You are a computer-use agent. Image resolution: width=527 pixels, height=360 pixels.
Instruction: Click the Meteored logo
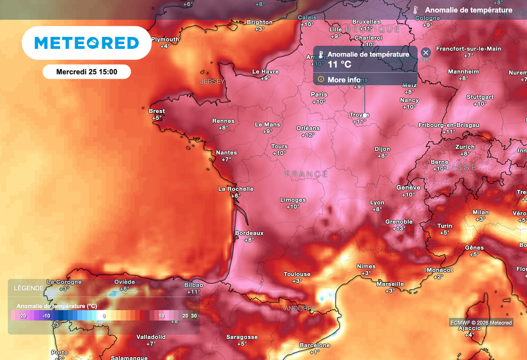[86, 43]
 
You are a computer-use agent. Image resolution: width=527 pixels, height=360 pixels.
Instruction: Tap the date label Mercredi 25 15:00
[86, 71]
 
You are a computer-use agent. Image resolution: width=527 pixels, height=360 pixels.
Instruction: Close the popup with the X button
[426, 52]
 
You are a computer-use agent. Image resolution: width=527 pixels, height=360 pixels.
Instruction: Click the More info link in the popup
[344, 80]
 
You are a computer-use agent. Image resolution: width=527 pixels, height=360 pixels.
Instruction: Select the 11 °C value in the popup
[339, 64]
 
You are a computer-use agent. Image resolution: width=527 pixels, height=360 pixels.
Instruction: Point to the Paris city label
[319, 95]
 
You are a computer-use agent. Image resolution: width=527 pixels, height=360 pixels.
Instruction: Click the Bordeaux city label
[249, 233]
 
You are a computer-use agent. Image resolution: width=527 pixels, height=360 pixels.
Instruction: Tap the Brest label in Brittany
[157, 111]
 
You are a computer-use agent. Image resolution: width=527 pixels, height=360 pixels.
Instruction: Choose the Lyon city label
[377, 203]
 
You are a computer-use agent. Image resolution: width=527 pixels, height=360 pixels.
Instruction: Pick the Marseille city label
[390, 284]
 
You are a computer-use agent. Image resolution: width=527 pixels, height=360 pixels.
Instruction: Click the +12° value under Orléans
[308, 135]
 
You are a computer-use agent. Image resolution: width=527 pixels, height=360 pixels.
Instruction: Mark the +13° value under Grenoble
[399, 228]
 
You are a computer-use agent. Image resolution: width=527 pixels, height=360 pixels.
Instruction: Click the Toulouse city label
[297, 274]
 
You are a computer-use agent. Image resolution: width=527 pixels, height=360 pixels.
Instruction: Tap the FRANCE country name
[306, 174]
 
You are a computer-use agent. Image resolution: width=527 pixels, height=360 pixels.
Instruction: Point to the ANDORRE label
[300, 309]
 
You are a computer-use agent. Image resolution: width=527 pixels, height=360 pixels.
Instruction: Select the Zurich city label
[465, 147]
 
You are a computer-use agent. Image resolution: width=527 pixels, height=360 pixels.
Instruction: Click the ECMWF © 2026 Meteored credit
[481, 322]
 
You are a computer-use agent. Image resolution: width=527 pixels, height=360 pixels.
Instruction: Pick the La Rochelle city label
[236, 189]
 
